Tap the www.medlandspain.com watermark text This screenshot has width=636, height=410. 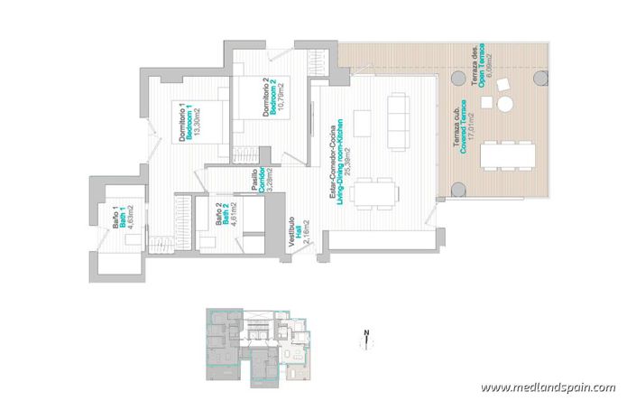(x=548, y=387)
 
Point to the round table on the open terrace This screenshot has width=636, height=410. (x=506, y=104)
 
